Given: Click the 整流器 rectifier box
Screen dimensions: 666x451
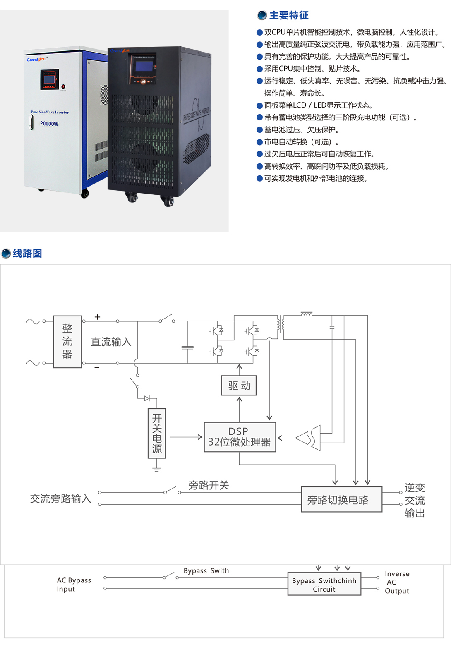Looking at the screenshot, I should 67,342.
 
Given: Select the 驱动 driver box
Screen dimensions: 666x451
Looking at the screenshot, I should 239,386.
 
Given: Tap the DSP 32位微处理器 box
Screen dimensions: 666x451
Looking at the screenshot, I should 240,437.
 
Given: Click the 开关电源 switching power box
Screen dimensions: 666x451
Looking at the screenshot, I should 157,433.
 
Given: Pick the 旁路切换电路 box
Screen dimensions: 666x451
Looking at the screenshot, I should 341,500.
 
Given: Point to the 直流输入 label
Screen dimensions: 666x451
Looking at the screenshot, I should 111,342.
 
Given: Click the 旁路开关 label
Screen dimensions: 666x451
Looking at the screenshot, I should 209,485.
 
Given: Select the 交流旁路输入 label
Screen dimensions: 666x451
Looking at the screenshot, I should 60,498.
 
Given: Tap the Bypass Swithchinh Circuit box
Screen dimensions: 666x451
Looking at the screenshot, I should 324,584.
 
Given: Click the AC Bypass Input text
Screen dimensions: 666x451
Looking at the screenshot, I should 74,585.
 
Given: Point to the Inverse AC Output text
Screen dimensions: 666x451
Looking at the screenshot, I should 397,582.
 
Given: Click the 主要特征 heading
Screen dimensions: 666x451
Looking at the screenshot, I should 288,15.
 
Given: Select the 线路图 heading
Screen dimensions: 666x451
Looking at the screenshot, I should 27,254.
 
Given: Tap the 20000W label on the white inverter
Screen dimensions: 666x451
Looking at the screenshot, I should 49,124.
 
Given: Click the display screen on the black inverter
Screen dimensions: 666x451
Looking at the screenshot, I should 144,67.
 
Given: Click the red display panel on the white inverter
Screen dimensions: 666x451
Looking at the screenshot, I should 50,79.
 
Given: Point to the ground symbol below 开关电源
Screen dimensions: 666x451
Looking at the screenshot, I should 156,469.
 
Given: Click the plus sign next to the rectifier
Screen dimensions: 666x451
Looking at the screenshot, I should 97,317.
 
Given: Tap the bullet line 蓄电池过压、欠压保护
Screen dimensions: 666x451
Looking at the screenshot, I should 302,130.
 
